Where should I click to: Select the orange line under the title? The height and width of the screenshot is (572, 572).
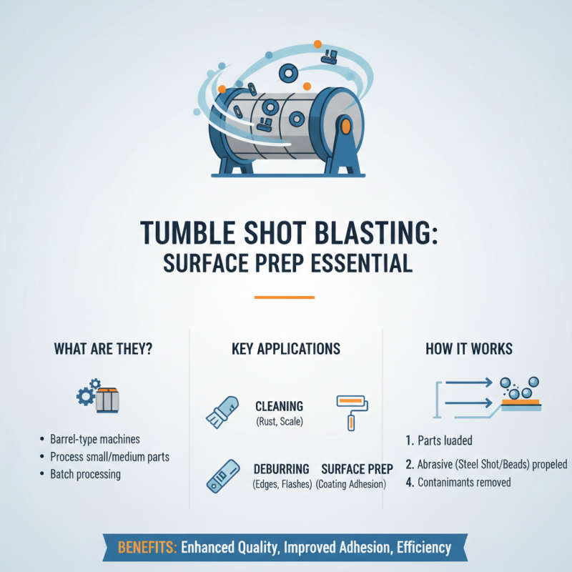coord(285,297)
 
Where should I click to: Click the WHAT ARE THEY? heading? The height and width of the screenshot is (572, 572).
coord(102,349)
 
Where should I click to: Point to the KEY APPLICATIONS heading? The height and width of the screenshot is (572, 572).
coord(286,349)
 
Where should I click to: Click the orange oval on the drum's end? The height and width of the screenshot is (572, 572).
coord(346,127)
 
